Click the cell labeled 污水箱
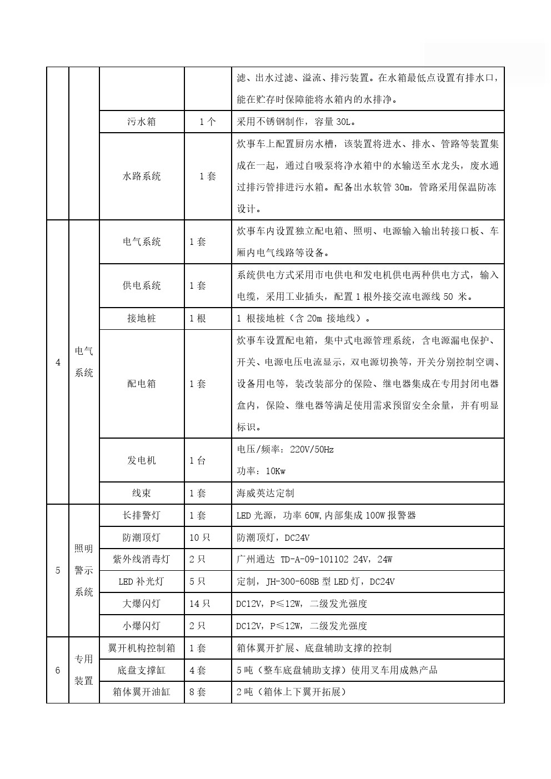142,122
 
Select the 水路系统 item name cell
142,177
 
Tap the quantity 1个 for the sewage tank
208,122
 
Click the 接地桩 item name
142,319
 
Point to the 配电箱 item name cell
142,384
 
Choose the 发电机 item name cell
142,460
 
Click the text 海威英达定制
266,493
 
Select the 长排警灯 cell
142,515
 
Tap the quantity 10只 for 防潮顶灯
200,537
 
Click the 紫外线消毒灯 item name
142,559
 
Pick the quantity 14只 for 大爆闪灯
200,604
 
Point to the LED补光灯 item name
142,582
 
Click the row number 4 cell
58,363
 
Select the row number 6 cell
58,670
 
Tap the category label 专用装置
84,670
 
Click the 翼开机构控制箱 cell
142,648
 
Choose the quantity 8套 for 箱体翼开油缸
198,692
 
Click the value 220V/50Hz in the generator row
312,450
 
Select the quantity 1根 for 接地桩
198,319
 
